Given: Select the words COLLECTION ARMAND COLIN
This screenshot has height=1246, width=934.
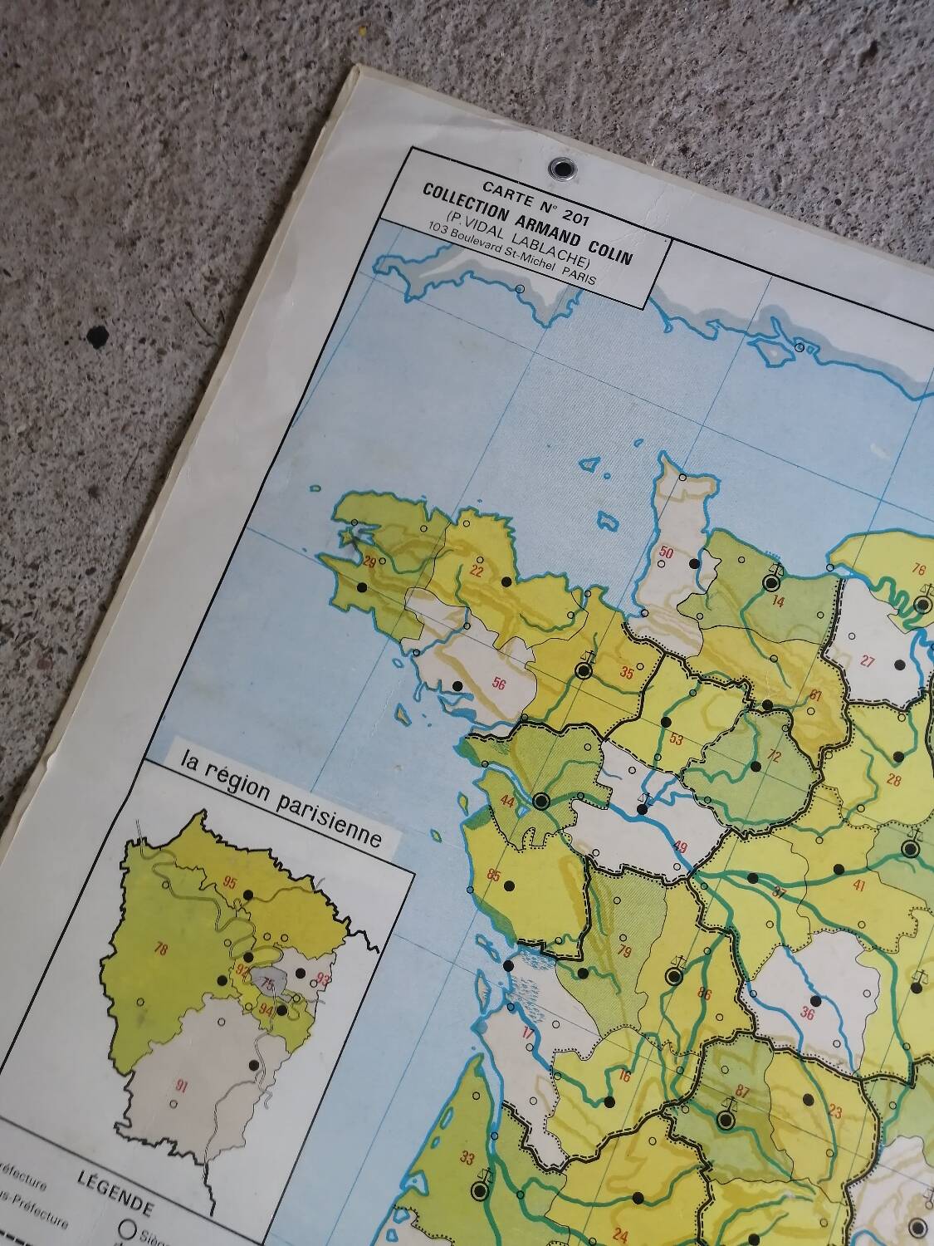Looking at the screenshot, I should coord(526,218).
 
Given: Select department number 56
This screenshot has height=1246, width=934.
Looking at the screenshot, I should coord(498,684).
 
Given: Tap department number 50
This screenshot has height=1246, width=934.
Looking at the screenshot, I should coord(666,552).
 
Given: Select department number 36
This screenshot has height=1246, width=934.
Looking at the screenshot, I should coord(807,1012).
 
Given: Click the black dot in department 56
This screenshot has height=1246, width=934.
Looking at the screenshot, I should coord(456,686).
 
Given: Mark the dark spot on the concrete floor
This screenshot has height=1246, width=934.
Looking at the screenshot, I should coord(98,336).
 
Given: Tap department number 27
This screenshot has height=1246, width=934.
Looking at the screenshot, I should coord(868,661).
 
